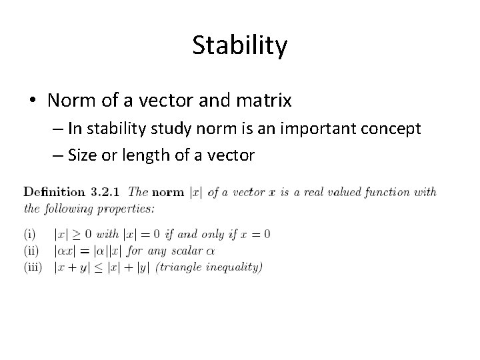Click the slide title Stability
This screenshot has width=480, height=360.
[x=240, y=45]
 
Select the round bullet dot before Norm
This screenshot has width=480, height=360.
[x=33, y=101]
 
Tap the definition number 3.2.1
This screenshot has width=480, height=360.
[x=105, y=192]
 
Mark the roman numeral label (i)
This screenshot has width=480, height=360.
[x=29, y=234]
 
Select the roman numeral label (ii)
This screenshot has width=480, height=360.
[x=31, y=251]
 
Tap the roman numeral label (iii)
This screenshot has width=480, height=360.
[x=33, y=267]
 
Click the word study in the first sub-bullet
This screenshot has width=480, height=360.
[x=154, y=129]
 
